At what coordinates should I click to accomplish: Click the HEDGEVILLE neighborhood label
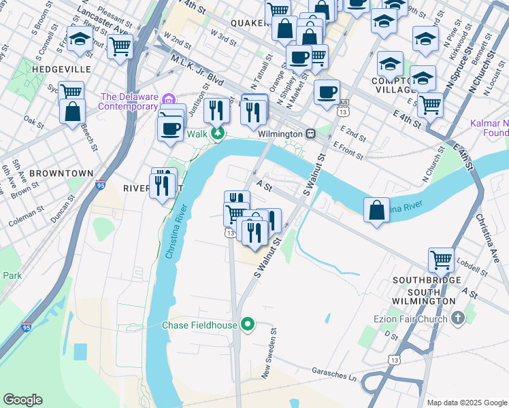click(49, 69)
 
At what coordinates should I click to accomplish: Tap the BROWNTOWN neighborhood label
click(61, 173)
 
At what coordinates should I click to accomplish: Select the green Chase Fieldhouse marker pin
click(248, 324)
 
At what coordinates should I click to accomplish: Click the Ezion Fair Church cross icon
click(458, 318)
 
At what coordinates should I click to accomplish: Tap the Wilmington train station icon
click(310, 134)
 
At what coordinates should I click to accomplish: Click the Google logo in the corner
click(22, 400)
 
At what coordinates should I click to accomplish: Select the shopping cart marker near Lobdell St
click(441, 259)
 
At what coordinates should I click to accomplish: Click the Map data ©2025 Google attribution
click(467, 403)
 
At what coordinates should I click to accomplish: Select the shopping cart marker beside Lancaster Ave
click(120, 46)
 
